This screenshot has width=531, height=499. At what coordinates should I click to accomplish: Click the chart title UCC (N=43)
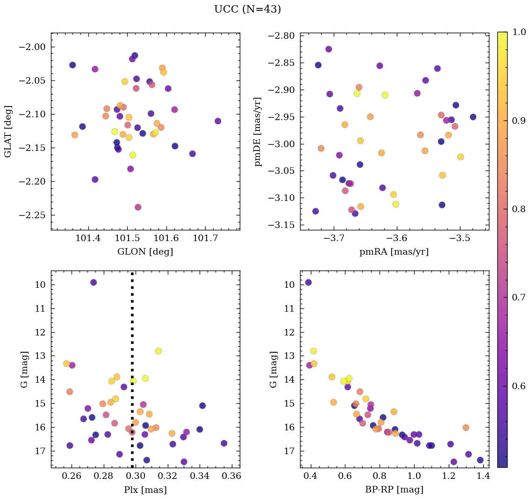coord(247,9)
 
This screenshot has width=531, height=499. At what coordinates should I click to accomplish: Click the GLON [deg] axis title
coord(145,252)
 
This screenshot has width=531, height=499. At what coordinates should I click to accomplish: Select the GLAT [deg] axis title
coord(8,131)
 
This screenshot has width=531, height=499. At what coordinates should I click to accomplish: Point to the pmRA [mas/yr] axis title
coord(394,252)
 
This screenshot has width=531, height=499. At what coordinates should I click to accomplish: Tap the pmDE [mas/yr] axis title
coord(258,131)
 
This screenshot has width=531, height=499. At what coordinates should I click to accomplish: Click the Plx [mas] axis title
coord(145,490)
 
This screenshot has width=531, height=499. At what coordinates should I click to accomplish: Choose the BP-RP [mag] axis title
coord(394,490)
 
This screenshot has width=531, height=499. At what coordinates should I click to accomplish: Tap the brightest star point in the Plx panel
coord(93,282)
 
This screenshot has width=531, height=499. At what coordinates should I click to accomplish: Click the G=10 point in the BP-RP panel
coord(308,282)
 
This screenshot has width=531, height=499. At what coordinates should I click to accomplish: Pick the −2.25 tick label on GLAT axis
coord(33,215)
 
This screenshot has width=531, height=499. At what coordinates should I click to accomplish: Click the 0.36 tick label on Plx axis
coord(232,477)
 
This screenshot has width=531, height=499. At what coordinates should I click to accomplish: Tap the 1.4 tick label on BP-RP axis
coord(483,477)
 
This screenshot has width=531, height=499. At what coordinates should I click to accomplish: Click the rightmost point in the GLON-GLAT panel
coord(218,121)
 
